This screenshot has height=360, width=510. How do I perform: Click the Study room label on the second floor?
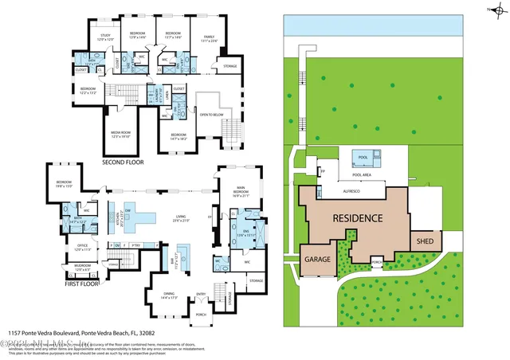(104, 37)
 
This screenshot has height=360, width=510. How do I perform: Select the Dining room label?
(169, 296)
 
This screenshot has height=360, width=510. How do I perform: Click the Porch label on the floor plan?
(201, 315)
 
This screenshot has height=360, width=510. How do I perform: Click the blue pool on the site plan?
(363, 158)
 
